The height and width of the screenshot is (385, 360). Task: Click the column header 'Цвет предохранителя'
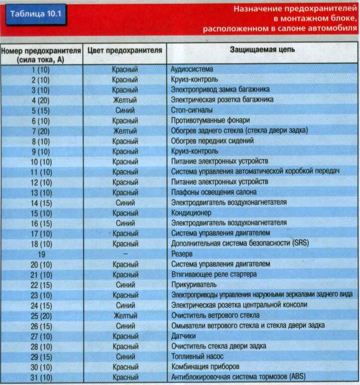(125, 50)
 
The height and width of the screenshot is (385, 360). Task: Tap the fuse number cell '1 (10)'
(40, 70)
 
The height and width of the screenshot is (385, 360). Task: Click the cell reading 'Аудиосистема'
(192, 70)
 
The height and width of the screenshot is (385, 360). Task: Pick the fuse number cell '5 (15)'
(40, 110)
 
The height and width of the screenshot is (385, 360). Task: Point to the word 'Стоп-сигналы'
(192, 110)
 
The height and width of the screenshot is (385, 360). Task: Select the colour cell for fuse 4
(125, 100)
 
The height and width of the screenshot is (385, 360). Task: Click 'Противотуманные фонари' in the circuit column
(210, 121)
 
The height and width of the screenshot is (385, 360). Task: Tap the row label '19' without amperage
(40, 254)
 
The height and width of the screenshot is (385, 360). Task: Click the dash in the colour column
(125, 254)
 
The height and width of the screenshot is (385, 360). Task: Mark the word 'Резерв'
(182, 254)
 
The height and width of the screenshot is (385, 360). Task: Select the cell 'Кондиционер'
(191, 213)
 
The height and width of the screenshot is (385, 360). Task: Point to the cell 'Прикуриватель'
(194, 285)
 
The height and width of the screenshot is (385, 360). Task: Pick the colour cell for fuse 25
(125, 315)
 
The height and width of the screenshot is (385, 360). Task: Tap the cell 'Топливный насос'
(197, 356)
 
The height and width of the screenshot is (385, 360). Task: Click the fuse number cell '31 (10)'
(40, 377)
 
